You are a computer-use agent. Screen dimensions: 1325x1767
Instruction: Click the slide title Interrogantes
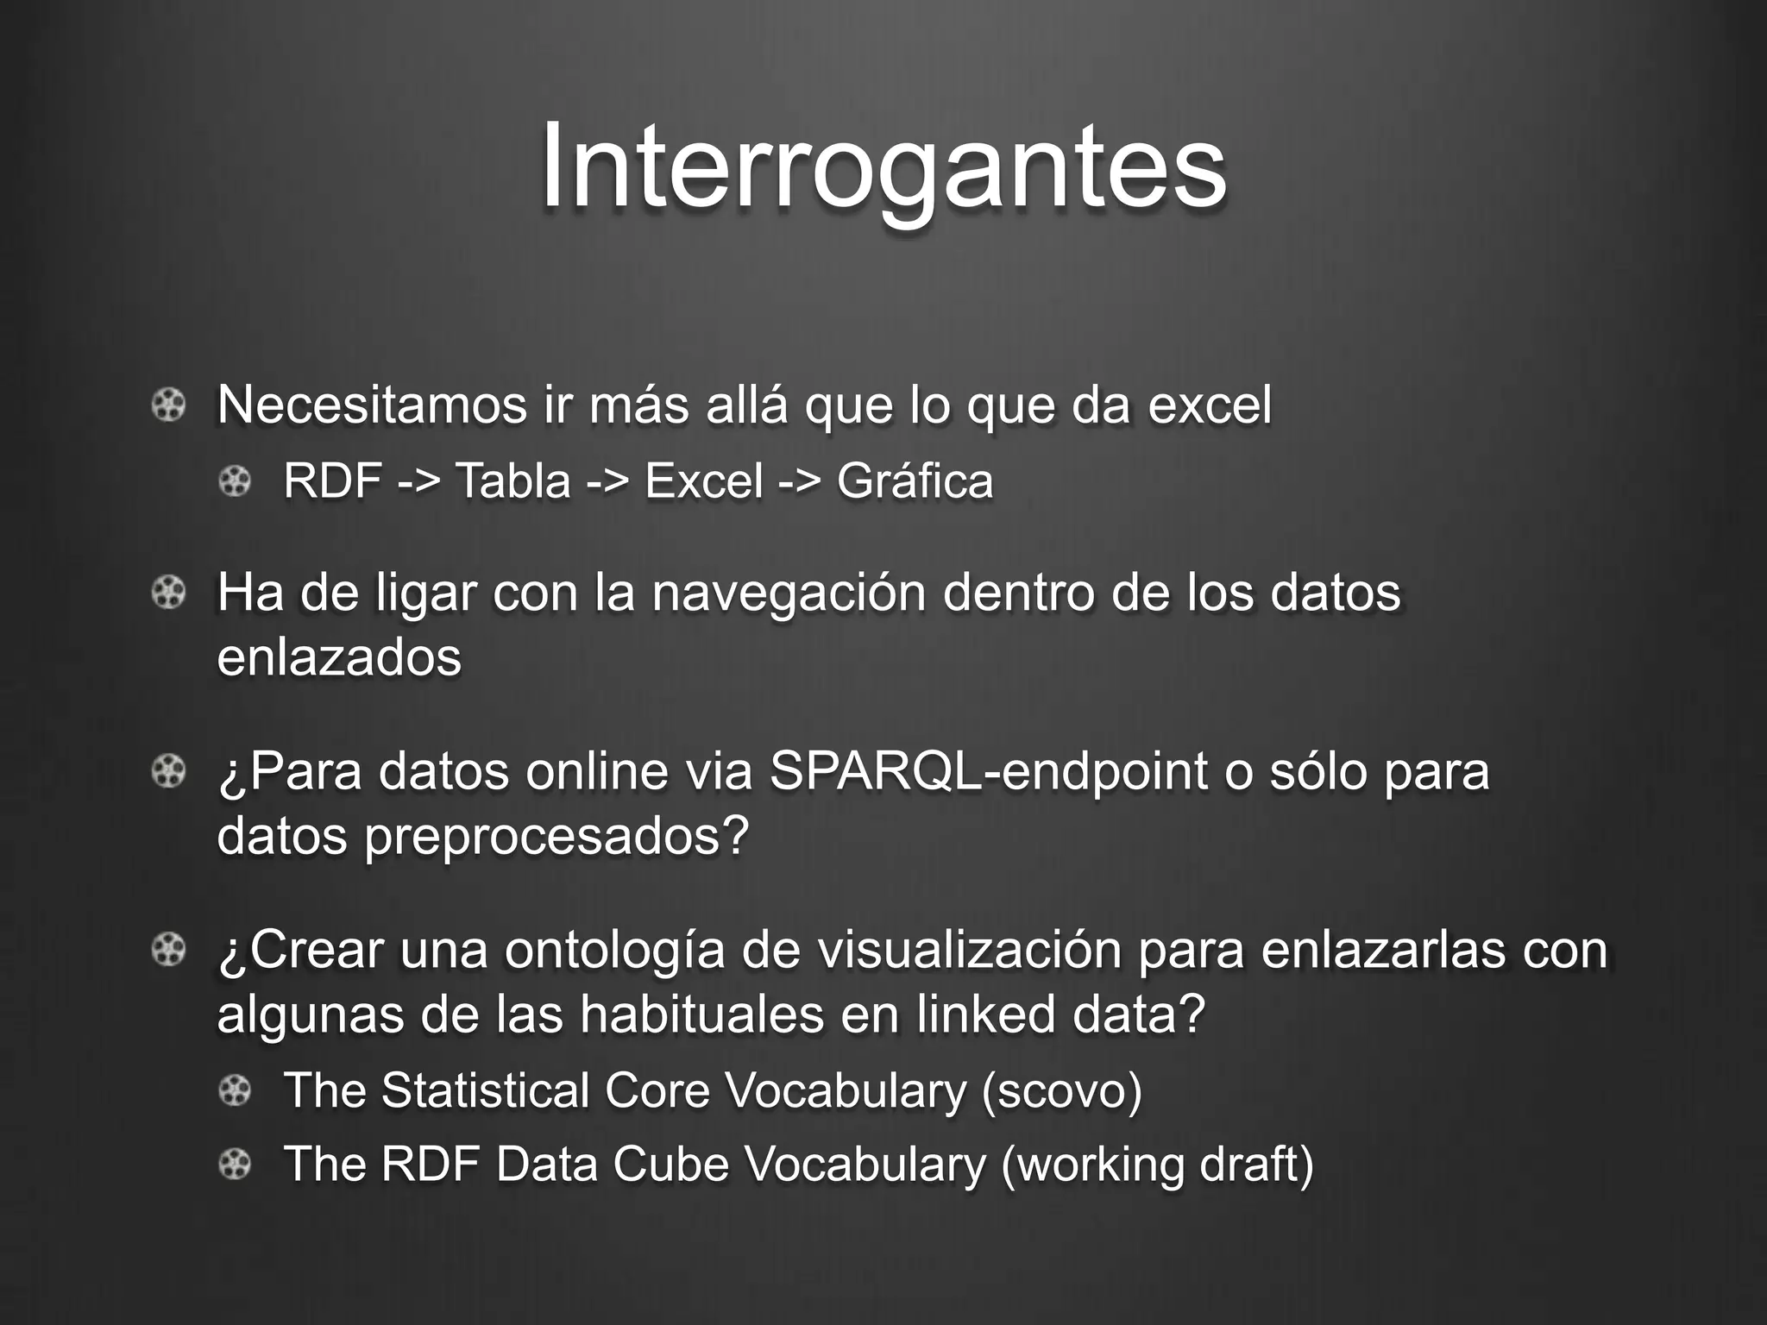[x=883, y=166]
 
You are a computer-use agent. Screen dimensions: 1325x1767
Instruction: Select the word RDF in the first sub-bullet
[x=332, y=480]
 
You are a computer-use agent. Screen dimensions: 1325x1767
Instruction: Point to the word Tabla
[x=512, y=480]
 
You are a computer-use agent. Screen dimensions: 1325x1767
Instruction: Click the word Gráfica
[x=915, y=480]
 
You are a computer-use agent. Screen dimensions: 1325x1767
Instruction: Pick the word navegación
[x=788, y=593]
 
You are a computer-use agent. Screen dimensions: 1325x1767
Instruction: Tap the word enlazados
[x=339, y=657]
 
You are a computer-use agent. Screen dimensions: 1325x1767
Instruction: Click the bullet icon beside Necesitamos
[x=168, y=405]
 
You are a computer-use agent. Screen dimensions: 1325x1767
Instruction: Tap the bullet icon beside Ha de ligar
[x=168, y=593]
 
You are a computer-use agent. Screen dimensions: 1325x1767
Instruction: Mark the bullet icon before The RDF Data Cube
[x=235, y=1165]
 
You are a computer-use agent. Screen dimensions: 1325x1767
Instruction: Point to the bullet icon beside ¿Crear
[x=168, y=950]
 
